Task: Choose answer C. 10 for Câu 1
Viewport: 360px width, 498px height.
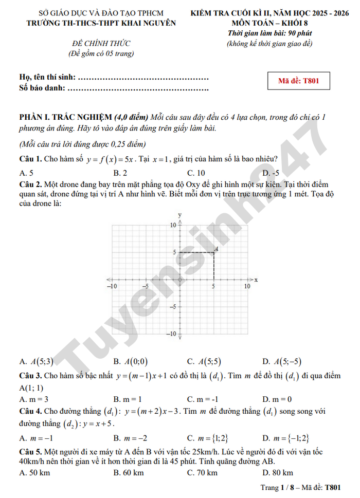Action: pyautogui.click(x=196, y=173)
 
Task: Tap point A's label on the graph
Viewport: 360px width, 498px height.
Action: pyautogui.click(x=217, y=249)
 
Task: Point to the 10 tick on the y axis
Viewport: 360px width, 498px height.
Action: pyautogui.click(x=173, y=225)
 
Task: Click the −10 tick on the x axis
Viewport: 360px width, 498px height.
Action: pyautogui.click(x=112, y=286)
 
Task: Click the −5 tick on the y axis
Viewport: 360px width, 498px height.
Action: pyautogui.click(x=172, y=307)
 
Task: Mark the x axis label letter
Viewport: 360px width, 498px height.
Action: pyautogui.click(x=256, y=279)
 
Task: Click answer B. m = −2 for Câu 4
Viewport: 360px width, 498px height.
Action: pyautogui.click(x=130, y=438)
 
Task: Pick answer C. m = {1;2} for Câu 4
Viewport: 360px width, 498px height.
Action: pyautogui.click(x=208, y=438)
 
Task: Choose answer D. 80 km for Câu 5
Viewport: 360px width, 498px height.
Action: pyautogui.click(x=278, y=472)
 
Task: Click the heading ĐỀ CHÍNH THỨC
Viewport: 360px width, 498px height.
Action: pyautogui.click(x=101, y=43)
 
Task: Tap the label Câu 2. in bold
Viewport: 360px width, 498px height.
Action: pyautogui.click(x=30, y=184)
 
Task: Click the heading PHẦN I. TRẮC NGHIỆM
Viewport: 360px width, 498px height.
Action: pyautogui.click(x=65, y=117)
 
